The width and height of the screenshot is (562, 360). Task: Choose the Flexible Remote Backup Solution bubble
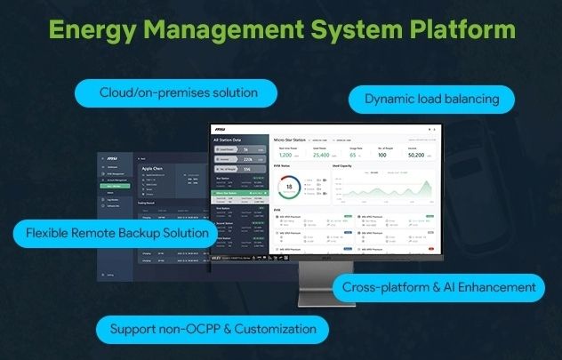coord(116,234)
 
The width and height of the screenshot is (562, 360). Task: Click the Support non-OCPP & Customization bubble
coord(213,329)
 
